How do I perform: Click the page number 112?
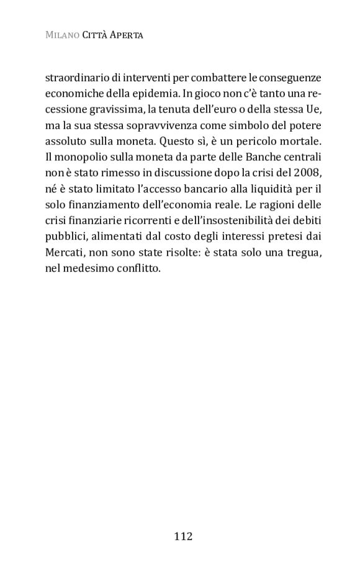184,536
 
